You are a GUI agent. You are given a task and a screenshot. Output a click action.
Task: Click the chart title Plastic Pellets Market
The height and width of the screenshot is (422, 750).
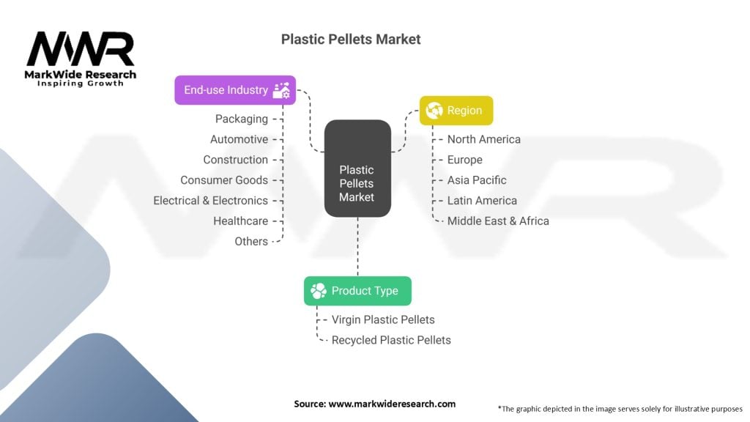pyautogui.click(x=351, y=39)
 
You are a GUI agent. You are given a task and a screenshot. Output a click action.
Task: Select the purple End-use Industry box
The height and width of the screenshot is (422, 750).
pyautogui.click(x=234, y=90)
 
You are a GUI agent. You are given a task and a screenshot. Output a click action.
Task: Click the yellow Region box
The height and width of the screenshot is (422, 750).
pyautogui.click(x=456, y=111)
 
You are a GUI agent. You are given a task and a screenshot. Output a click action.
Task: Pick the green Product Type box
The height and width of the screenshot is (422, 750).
pyautogui.click(x=357, y=291)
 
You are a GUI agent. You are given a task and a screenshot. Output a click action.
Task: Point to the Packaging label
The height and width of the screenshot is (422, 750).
pyautogui.click(x=241, y=119)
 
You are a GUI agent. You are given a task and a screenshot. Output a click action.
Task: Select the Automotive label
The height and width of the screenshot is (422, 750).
pyautogui.click(x=239, y=139)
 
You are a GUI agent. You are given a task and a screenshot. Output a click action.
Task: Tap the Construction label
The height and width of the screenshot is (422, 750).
pyautogui.click(x=235, y=160)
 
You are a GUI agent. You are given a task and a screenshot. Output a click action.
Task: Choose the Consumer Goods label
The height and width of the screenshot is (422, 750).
pyautogui.click(x=224, y=180)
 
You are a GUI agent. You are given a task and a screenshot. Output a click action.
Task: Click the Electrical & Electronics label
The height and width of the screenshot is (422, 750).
pyautogui.click(x=210, y=201)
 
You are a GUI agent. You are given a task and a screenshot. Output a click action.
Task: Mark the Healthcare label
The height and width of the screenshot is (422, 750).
pyautogui.click(x=240, y=221)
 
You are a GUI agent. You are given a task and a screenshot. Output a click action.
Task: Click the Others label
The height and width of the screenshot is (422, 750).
pyautogui.click(x=251, y=242)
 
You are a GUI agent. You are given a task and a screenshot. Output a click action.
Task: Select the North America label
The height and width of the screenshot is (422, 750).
pyautogui.click(x=483, y=139)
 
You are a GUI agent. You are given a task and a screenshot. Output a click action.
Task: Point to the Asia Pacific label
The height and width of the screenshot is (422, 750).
pyautogui.click(x=477, y=180)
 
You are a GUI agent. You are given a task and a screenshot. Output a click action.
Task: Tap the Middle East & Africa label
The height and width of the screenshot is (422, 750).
pyautogui.click(x=498, y=221)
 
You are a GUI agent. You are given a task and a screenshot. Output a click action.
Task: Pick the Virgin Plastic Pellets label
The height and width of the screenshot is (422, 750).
pyautogui.click(x=383, y=319)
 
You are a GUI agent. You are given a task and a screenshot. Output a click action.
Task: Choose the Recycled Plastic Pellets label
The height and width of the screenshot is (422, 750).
pyautogui.click(x=391, y=340)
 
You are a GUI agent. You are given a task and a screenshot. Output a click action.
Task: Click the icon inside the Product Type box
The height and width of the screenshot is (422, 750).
pyautogui.click(x=319, y=291)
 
